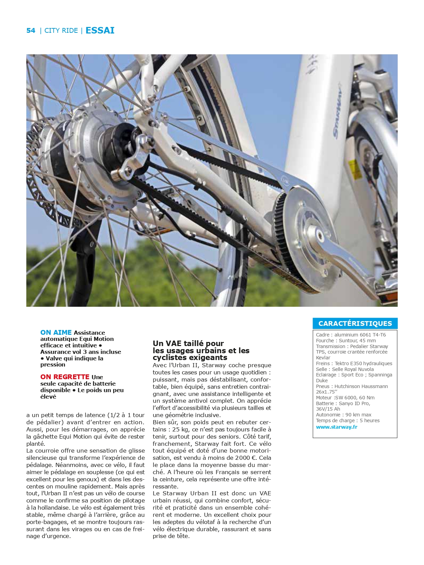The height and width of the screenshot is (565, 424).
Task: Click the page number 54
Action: [x=31, y=30]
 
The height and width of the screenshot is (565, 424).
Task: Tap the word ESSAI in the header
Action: [x=100, y=30]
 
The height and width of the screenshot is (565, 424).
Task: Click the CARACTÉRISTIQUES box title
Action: [x=355, y=323]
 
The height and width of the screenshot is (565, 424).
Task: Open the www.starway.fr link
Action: [x=337, y=427]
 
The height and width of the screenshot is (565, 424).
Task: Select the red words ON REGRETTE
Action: [x=65, y=377]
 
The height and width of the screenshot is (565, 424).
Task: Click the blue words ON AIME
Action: [x=56, y=332]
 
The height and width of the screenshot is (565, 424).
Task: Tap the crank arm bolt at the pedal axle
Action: [x=320, y=235]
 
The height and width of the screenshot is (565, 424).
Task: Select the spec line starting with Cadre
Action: [x=351, y=335]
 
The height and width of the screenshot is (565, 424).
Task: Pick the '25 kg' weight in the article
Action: [x=181, y=429]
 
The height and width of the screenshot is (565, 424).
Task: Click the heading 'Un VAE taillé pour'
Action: [x=188, y=343]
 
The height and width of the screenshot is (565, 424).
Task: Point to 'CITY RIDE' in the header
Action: [x=61, y=31]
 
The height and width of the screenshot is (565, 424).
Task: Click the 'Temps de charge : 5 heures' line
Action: [x=348, y=421]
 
